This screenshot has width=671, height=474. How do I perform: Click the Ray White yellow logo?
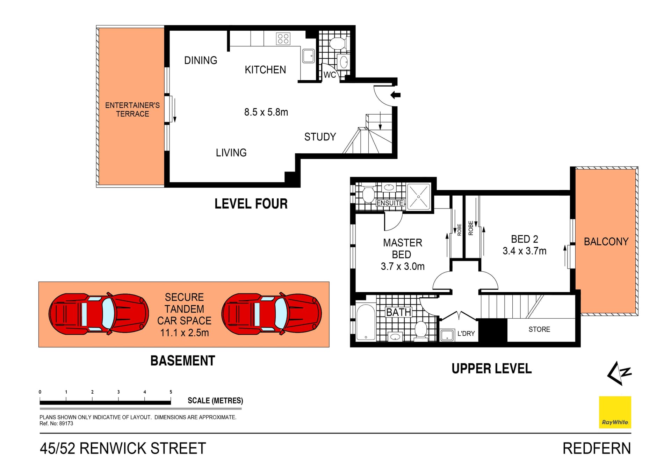pyautogui.click(x=615, y=412)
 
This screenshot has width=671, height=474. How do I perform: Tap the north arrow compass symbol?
pyautogui.click(x=619, y=373)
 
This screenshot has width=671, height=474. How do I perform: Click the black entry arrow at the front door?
pyautogui.click(x=396, y=95)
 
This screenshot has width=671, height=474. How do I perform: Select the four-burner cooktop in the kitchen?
pyautogui.click(x=283, y=38)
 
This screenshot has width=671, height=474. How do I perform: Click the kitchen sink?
pyautogui.click(x=308, y=56)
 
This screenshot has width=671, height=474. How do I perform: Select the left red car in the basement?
pyautogui.click(x=99, y=313)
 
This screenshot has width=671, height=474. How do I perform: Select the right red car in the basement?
pyautogui.click(x=272, y=313)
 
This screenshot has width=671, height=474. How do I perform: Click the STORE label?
pyautogui.click(x=539, y=329)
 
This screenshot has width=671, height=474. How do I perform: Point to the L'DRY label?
pyautogui.click(x=466, y=334)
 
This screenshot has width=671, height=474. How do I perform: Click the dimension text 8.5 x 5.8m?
pyautogui.click(x=266, y=112)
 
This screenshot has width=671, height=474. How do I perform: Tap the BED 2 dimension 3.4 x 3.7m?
pyautogui.click(x=524, y=251)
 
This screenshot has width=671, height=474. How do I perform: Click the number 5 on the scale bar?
pyautogui.click(x=171, y=392)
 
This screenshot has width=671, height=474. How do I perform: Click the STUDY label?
pyautogui.click(x=320, y=137)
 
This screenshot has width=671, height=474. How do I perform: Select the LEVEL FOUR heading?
pyautogui.click(x=251, y=204)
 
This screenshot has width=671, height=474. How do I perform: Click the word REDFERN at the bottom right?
pyautogui.click(x=597, y=449)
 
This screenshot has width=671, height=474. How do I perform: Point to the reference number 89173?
pyautogui.click(x=66, y=423)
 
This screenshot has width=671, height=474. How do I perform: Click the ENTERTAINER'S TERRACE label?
pyautogui.click(x=132, y=109)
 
